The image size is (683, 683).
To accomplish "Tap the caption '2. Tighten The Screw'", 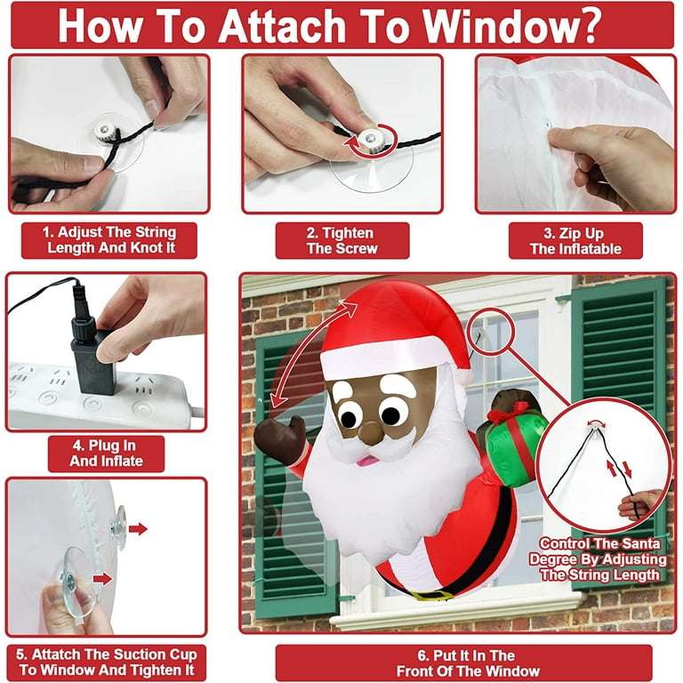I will pos(342,240).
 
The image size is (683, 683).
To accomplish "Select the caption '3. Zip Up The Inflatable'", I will pos(575,240).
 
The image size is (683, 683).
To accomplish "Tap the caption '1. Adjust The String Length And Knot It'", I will pos(109,240).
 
